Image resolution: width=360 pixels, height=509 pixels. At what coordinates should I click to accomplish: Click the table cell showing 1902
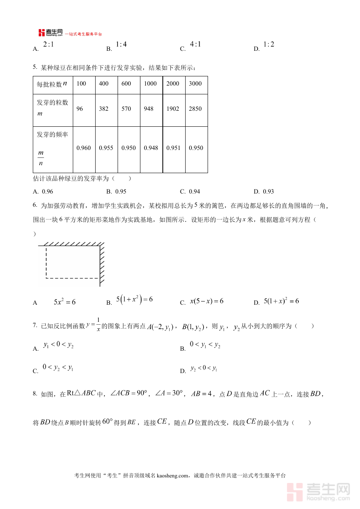[173, 109]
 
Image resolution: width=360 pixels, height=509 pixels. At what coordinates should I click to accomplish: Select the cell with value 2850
[195, 109]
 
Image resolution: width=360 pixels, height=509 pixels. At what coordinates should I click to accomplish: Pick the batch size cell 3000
[195, 84]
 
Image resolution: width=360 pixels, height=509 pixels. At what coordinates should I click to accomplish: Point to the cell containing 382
[104, 109]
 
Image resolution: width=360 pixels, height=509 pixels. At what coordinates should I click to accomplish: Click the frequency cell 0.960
[84, 148]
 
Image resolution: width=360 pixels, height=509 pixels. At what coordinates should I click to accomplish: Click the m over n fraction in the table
[41, 158]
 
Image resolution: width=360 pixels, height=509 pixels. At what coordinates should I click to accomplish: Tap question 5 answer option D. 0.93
[264, 192]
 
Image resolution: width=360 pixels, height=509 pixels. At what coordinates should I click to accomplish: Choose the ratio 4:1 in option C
[195, 44]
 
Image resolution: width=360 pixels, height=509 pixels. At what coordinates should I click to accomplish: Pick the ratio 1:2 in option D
[269, 44]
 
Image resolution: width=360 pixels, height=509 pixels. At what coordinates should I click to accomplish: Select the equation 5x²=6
[64, 302]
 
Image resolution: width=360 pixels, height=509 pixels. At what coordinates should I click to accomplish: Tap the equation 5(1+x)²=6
[281, 301]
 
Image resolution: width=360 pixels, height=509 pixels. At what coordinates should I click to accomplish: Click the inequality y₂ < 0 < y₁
[203, 368]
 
